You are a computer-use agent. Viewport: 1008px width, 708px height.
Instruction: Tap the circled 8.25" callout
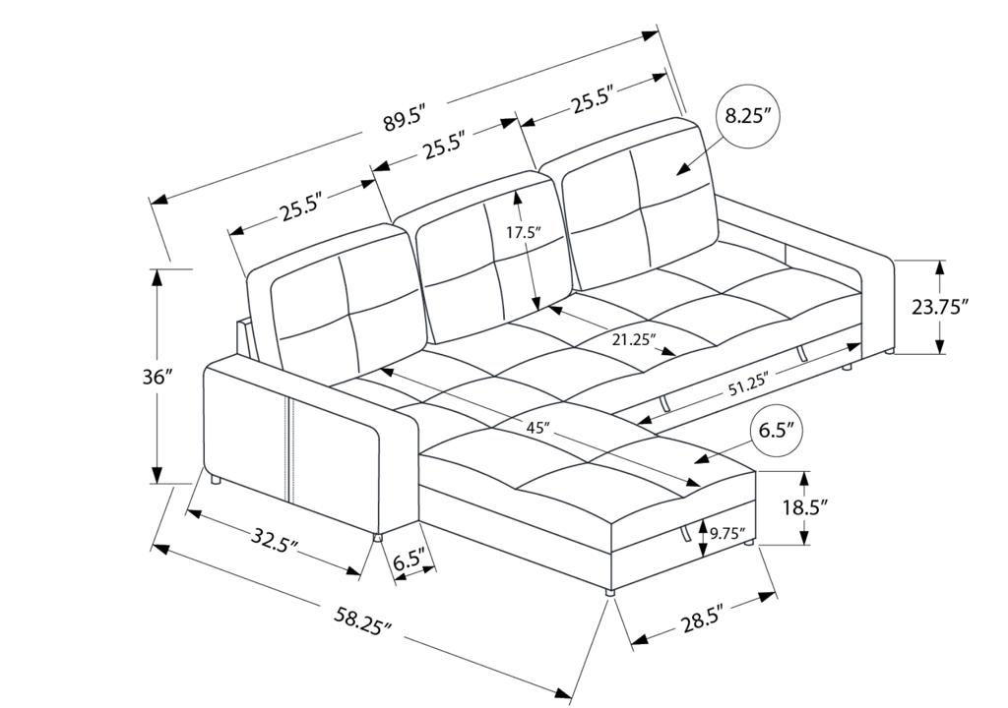point(747,117)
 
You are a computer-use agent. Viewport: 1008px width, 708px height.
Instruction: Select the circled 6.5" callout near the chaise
point(778,430)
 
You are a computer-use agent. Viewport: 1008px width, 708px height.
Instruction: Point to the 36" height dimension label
point(158,378)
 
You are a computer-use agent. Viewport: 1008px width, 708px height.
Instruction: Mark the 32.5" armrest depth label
point(273,537)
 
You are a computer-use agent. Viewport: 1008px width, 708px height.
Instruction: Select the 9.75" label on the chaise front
point(727,532)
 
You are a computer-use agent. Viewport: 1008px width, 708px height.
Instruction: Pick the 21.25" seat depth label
point(634,339)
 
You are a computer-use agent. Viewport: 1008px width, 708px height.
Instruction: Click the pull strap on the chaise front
point(686,533)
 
